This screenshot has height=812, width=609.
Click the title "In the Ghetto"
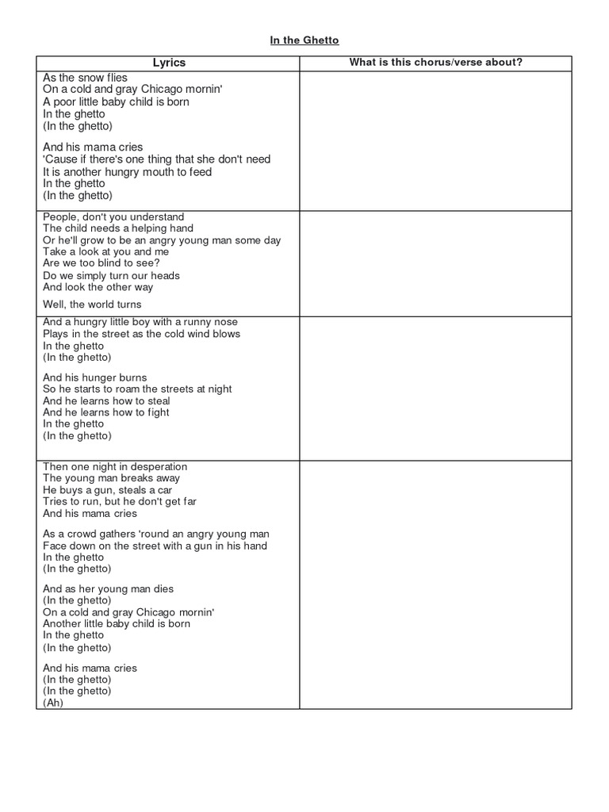[x=304, y=40]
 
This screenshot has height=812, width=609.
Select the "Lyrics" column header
[x=168, y=63]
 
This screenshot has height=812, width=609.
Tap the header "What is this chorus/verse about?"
[x=435, y=63]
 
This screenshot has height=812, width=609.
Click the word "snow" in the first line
[x=94, y=78]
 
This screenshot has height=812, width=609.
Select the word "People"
[x=61, y=216]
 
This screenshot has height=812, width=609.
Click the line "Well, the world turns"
[x=92, y=304]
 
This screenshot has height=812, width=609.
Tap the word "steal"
[x=156, y=400]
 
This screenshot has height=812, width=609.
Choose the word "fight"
[x=156, y=412]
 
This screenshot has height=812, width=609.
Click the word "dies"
[x=163, y=589]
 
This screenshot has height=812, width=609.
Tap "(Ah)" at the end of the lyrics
[x=53, y=703]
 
